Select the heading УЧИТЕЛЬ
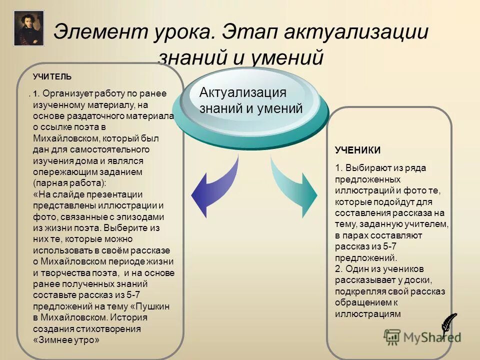[52, 76]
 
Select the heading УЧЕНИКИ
[357, 150]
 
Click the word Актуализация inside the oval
[242, 92]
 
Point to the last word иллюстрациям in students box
[368, 313]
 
